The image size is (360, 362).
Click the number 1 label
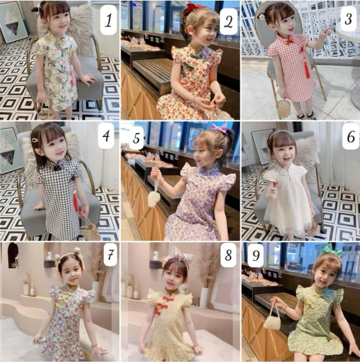[108, 20]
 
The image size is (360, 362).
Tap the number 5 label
[136, 138]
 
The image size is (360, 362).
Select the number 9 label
[255, 255]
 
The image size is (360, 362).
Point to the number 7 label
[110, 255]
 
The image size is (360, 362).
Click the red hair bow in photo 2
[190, 6]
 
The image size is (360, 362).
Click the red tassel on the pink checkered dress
[305, 69]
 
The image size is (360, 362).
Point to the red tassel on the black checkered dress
[75, 202]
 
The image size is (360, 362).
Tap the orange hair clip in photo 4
[35, 140]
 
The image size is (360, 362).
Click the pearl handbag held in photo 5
[154, 197]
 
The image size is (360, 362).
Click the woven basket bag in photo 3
[284, 108]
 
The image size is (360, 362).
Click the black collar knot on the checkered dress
[57, 168]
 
